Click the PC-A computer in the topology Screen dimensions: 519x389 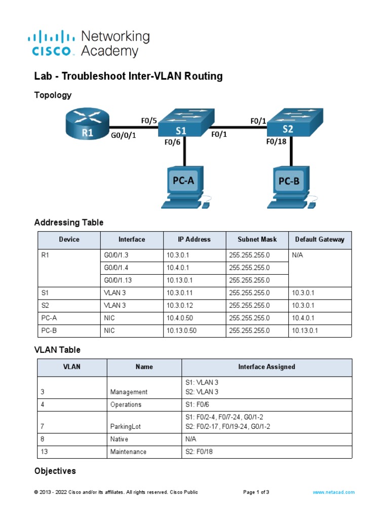pos(185,186)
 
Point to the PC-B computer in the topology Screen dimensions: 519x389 pos(291,186)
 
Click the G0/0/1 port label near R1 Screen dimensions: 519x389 pos(124,135)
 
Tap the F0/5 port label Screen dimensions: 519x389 pos(149,121)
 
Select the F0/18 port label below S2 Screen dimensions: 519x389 pos(276,142)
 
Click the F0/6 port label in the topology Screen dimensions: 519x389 pos(172,142)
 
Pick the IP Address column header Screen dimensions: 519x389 pos(194,240)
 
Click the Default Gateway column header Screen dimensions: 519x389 pos(320,240)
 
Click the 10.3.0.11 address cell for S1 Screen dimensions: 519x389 pos(181,293)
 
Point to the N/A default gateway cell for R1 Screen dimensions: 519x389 pos(298,255)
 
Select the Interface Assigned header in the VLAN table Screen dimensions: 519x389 pos(266,367)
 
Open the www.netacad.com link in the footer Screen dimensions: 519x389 pos(333,492)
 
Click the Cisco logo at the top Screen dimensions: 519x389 pos(53,44)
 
